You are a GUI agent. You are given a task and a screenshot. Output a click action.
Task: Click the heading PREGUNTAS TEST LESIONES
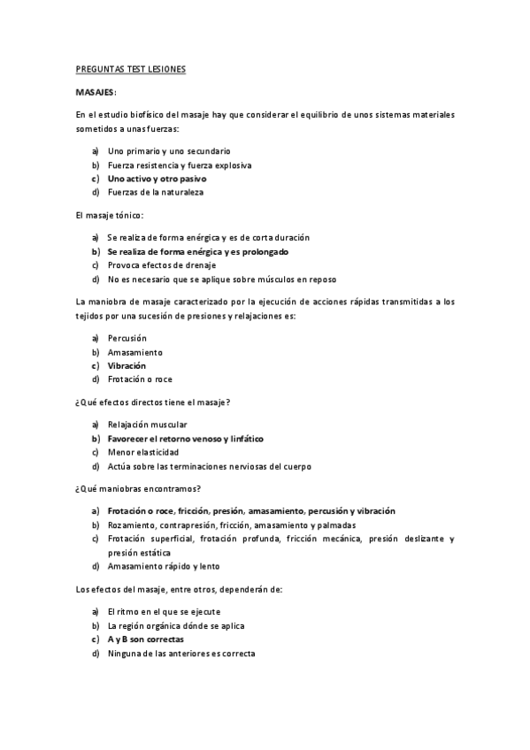[x=130, y=69]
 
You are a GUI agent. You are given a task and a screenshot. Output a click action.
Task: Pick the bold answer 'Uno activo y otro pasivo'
[x=157, y=178]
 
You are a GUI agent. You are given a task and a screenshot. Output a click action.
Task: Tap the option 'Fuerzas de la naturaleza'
[x=156, y=191]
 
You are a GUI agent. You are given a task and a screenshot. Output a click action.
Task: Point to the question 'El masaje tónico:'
[x=110, y=215]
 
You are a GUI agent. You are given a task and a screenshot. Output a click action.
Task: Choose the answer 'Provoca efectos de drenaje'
[x=162, y=264]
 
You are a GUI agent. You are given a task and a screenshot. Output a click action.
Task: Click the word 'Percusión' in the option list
[x=127, y=338]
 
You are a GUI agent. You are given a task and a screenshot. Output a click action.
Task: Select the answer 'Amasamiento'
[x=134, y=352]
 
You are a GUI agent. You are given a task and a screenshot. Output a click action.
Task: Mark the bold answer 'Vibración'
[x=127, y=365]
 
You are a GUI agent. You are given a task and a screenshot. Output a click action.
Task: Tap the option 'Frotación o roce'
[x=140, y=379]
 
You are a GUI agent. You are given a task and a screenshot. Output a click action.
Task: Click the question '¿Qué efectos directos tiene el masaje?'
[x=153, y=402]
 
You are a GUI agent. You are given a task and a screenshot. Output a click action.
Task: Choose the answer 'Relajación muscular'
[x=148, y=425]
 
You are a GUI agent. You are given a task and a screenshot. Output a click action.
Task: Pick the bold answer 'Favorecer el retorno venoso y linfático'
[x=185, y=438]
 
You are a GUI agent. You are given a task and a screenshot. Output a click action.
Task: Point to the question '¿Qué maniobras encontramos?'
[x=137, y=488]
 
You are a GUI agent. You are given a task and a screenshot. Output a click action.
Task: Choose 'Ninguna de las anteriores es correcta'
[x=181, y=653]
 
